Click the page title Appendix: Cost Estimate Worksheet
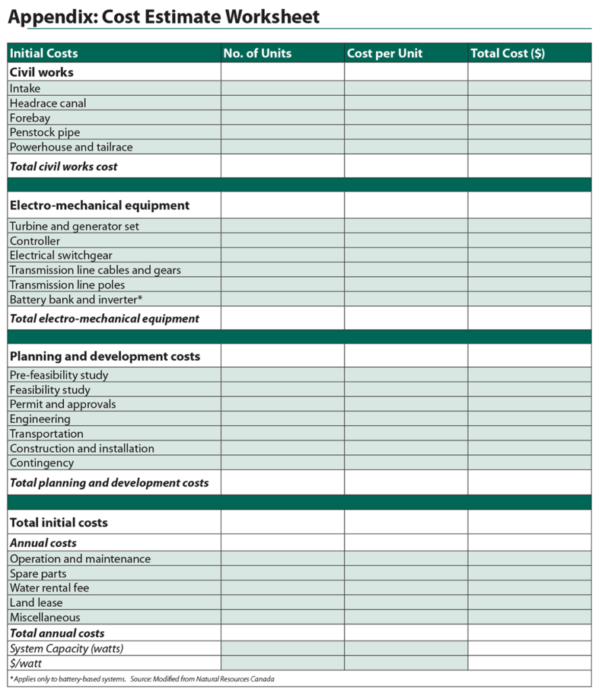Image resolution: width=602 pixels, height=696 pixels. click(x=164, y=17)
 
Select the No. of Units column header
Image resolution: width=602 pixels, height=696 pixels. click(x=257, y=53)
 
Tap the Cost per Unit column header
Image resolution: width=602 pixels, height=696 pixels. click(x=384, y=53)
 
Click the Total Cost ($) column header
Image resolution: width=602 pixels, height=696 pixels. click(x=507, y=53)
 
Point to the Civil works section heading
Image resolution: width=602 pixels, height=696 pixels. click(x=41, y=72)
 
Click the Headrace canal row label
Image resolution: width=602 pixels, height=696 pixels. click(x=48, y=103)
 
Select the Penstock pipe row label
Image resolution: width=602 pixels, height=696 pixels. click(x=45, y=132)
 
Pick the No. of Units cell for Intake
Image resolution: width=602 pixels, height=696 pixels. click(x=282, y=89)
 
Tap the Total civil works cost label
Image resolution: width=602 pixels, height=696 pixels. click(x=64, y=166)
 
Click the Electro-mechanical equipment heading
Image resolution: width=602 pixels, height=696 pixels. click(x=99, y=205)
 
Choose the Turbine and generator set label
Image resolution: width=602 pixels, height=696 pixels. click(x=74, y=226)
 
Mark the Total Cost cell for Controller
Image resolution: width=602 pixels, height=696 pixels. click(x=529, y=241)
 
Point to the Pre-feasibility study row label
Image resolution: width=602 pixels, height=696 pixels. click(x=59, y=375)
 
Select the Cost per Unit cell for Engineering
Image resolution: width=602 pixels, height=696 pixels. click(x=405, y=419)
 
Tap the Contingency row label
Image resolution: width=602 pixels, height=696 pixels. click(x=42, y=463)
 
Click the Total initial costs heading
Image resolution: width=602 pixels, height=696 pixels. click(x=59, y=522)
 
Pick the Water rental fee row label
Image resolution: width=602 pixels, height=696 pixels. click(x=49, y=588)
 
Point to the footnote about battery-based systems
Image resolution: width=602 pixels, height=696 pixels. click(x=142, y=679)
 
